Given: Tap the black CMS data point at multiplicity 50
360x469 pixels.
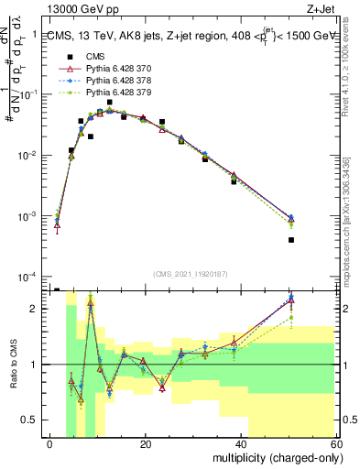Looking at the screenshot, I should click(x=290, y=240).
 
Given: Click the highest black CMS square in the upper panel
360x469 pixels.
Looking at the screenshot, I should click(x=110, y=103).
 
